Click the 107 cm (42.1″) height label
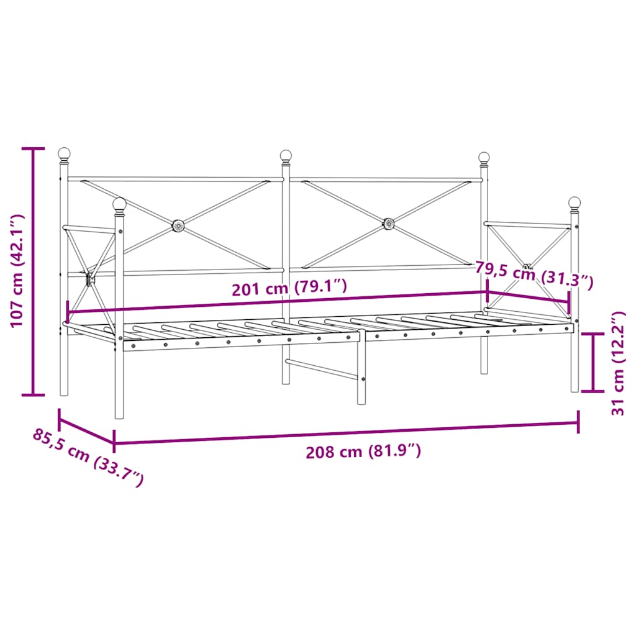click(x=17, y=271)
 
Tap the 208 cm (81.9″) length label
click(x=363, y=452)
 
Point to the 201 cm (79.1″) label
click(x=289, y=288)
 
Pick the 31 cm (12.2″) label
click(x=618, y=363)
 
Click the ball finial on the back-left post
click(x=64, y=153)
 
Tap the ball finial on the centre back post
click(x=286, y=155)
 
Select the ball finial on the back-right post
click(x=484, y=158)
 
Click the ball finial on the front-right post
click(x=575, y=203)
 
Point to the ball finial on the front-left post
click(x=119, y=204)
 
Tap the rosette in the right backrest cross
click(x=388, y=223)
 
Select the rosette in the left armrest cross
click(x=89, y=279)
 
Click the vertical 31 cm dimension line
click(x=595, y=363)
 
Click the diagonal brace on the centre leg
click(x=322, y=370)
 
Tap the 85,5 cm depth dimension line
click(x=86, y=431)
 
